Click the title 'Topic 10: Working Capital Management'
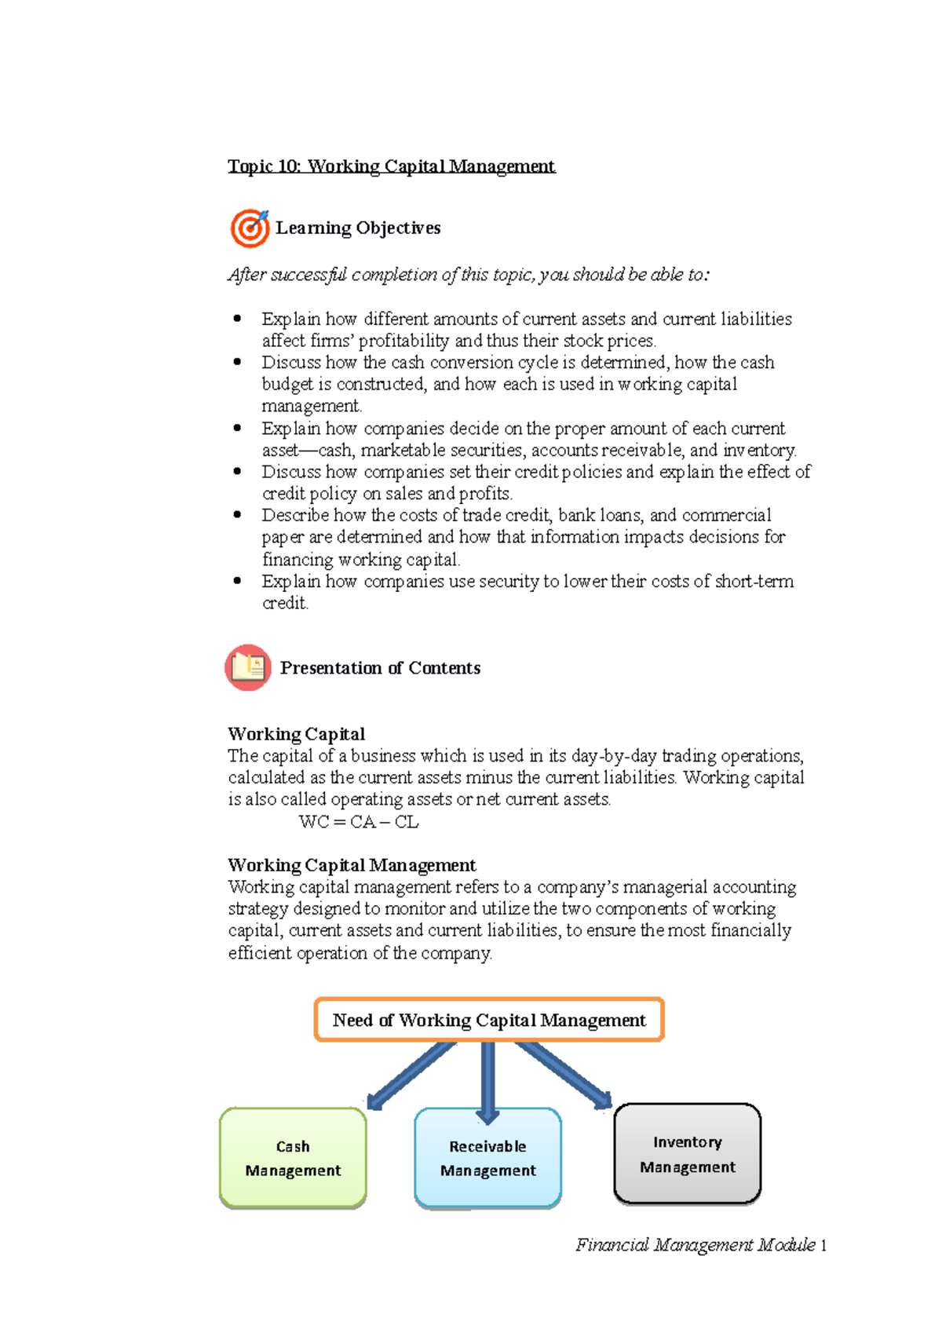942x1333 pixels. tap(391, 166)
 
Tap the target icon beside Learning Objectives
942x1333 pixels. tap(250, 228)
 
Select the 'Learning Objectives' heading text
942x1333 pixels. tap(358, 228)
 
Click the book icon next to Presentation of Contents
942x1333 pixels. tap(248, 667)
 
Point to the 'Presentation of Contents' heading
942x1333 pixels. tap(380, 668)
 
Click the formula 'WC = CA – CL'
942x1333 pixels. tap(359, 822)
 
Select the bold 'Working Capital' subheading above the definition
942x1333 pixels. tap(296, 734)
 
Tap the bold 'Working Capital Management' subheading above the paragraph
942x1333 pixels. tap(352, 865)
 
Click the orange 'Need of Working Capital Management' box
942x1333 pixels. tap(489, 1020)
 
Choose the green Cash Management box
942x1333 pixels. tap(293, 1158)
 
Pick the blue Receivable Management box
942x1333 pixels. tap(487, 1158)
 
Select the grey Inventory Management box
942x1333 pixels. tap(688, 1154)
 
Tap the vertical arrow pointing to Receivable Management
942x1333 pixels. tap(487, 1080)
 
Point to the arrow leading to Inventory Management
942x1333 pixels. tap(564, 1074)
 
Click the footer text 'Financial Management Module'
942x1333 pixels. tap(696, 1245)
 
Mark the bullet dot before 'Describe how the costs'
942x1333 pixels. tap(238, 515)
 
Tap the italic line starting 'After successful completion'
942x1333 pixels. tap(469, 275)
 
